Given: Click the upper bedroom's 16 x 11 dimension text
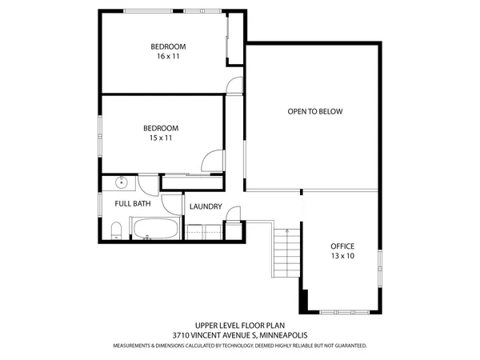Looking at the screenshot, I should click(164, 57).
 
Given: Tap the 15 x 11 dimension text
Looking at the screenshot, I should click(160, 138).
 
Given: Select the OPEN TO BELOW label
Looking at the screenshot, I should click(314, 111).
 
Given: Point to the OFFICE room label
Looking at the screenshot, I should click(342, 246).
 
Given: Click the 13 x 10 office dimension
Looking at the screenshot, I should click(342, 256).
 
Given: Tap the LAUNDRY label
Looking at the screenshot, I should click(206, 206).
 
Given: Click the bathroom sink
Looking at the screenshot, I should click(122, 182).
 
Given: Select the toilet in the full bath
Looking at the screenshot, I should click(116, 231).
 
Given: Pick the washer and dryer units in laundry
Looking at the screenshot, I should click(206, 231).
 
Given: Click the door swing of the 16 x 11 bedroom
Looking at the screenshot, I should click(234, 86).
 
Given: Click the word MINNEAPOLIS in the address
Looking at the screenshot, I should click(281, 336).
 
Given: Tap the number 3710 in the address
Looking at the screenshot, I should click(180, 336).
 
